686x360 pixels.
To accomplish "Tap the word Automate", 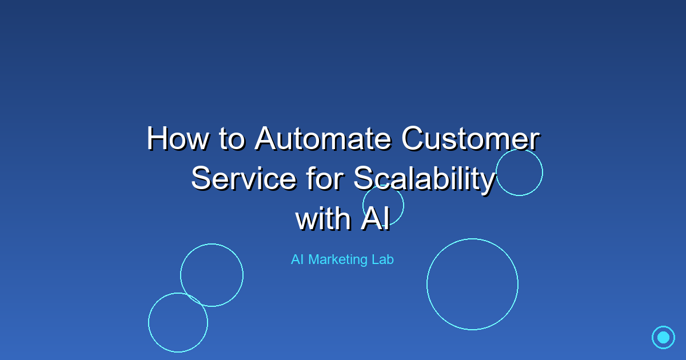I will [x=324, y=139].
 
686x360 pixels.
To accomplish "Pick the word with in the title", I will [x=323, y=219].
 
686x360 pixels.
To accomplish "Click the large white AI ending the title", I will [x=376, y=219].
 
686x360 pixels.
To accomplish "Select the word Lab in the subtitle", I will [x=382, y=259].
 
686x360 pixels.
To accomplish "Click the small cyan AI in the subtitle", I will [x=297, y=259].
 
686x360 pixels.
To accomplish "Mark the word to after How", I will [x=232, y=139].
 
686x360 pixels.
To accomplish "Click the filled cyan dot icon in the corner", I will [x=663, y=337].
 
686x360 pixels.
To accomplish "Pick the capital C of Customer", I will [x=414, y=139].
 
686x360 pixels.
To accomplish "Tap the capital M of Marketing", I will [x=313, y=259].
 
